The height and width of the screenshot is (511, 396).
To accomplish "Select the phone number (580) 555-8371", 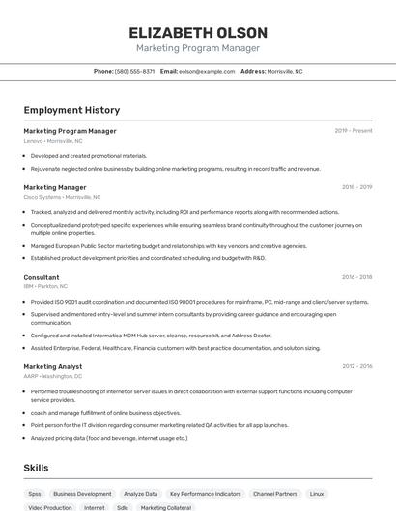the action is tap(134, 71).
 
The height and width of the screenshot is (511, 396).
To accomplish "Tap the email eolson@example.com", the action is tap(207, 71).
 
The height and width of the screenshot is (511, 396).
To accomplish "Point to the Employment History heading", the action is tap(71, 110).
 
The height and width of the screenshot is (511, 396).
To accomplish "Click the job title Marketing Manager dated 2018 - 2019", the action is tap(55, 187).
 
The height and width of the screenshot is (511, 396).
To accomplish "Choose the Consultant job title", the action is tap(42, 277).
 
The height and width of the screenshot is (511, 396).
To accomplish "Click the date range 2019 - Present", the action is tap(354, 131).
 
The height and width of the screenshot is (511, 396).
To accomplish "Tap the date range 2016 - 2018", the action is tap(356, 277).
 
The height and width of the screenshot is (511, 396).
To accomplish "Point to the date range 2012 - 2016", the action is tap(356, 366).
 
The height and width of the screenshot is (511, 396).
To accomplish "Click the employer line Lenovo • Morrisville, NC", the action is tap(53, 141).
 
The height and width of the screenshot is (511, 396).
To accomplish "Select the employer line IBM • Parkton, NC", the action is tap(45, 286).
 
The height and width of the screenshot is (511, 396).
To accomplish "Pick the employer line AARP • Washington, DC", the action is tap(54, 376).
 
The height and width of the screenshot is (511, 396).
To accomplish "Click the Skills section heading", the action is tap(37, 468).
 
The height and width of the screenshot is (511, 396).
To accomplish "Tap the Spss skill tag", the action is tap(35, 493).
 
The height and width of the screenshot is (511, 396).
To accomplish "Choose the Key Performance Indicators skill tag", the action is tap(205, 493).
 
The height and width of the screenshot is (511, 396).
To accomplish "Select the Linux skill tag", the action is tap(317, 493).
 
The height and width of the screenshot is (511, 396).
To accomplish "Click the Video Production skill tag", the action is tap(50, 507).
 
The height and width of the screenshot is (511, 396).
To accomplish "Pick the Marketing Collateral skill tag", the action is tap(166, 507).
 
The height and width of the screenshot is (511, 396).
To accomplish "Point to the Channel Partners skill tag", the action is tap(275, 493).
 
